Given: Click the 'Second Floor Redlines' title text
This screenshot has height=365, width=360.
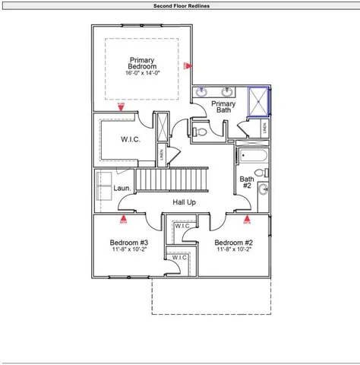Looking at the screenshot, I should (180, 5).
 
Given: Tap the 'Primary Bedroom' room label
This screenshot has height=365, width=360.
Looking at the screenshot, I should (142, 64).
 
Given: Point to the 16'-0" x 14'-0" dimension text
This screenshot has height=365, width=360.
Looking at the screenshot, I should (142, 74).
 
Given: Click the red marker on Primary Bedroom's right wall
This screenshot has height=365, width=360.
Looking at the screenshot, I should (187, 66).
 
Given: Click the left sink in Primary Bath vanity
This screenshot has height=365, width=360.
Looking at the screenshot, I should (202, 92).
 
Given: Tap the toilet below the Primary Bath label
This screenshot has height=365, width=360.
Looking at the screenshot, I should (199, 132).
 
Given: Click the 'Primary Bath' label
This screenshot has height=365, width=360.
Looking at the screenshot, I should (223, 107).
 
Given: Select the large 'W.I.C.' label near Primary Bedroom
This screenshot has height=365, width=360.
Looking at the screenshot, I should (131, 140).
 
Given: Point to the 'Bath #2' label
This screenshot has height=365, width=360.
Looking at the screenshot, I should (247, 182).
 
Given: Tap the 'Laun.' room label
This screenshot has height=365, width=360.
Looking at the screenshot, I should (122, 188).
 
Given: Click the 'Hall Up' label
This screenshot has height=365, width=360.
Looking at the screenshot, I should (184, 202).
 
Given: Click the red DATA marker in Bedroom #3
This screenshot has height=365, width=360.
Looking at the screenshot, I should (123, 221).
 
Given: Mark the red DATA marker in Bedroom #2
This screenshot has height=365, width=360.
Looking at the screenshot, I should (247, 221).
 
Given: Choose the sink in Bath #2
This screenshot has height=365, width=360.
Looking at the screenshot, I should (263, 189).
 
